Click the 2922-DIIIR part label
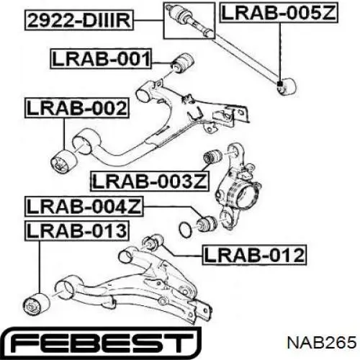point(79,21)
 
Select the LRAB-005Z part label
point(279,13)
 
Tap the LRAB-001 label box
point(101,59)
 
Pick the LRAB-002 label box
point(77,108)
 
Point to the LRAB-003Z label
point(150,181)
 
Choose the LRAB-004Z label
point(84,207)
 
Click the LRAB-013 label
point(77,231)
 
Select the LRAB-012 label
point(254,255)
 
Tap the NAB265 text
point(322,343)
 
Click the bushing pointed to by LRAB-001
point(184,63)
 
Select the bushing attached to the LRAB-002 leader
point(64,161)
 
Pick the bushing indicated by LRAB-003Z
point(212,156)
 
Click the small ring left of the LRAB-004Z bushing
point(186,228)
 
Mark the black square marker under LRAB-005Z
point(279,84)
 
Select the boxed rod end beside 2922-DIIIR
point(189,21)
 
